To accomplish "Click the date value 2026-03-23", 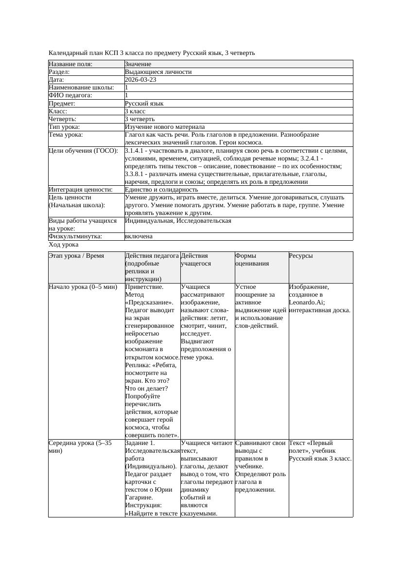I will coord(140,80).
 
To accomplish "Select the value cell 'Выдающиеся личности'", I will coord(158,72).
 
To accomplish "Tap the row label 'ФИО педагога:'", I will coord(70,95).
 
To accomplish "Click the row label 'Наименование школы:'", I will coord(81,88).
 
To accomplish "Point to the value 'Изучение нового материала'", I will coord(164,127).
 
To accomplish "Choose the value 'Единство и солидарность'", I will coord(161,190).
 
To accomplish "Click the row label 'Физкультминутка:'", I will coord(75,236).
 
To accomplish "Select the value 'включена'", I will coord(139,236).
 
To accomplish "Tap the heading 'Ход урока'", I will coord(64,245).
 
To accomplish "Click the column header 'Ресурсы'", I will coord(300,256).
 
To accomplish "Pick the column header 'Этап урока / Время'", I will coord(76,256).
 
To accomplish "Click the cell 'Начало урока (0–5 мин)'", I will coord(83,287).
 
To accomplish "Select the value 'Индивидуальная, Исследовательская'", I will coord(178,221).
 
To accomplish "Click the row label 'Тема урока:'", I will coord(66,135).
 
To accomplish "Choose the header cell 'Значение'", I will coord(138,64).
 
